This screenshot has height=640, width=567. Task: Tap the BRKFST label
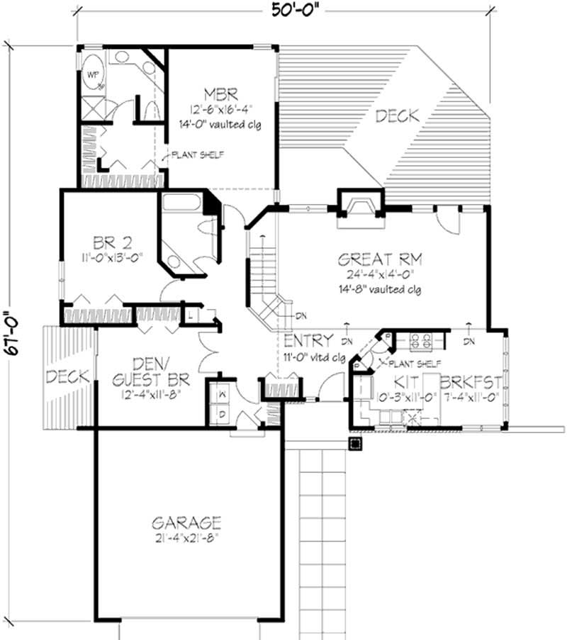(x=471, y=383)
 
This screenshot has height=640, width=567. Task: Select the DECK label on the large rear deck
(x=397, y=115)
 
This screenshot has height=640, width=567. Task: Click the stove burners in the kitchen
(x=422, y=342)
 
